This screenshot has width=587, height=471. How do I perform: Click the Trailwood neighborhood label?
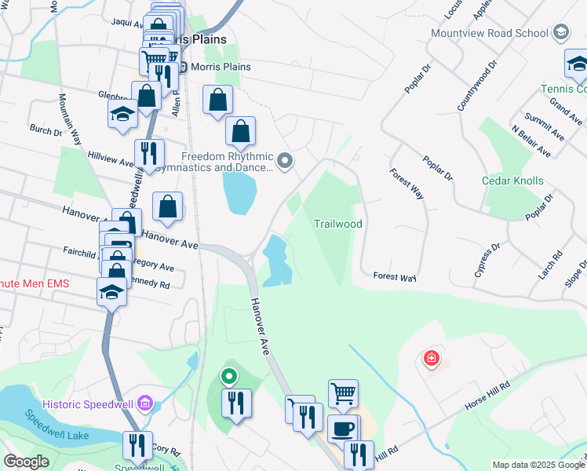pyautogui.click(x=338, y=224)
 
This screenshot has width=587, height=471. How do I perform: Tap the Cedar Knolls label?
pyautogui.click(x=512, y=181)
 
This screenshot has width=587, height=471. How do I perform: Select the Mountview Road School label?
pyautogui.click(x=489, y=33)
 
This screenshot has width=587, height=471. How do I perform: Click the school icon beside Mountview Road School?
pyautogui.click(x=560, y=33)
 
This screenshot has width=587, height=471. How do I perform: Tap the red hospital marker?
pyautogui.click(x=431, y=360)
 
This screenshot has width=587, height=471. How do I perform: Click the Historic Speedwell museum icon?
pyautogui.click(x=144, y=403)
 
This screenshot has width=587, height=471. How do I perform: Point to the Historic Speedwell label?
pyautogui.click(x=89, y=403)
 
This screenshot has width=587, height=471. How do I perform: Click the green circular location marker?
pyautogui.click(x=229, y=377)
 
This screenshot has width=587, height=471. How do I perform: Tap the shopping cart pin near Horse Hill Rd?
pyautogui.click(x=343, y=393)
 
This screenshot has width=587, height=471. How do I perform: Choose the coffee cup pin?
pyautogui.click(x=341, y=429)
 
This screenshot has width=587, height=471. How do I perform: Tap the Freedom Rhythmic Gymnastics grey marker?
pyautogui.click(x=285, y=162)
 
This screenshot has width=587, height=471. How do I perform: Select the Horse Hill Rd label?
pyautogui.click(x=487, y=396)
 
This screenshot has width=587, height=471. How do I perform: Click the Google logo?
pyautogui.click(x=27, y=462)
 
